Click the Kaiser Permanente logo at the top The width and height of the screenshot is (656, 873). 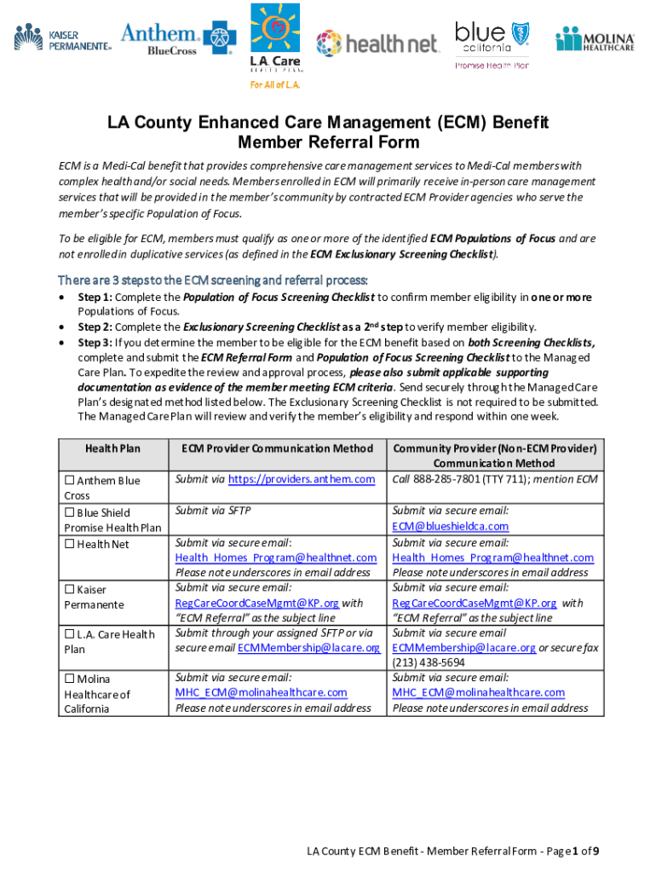point(62,38)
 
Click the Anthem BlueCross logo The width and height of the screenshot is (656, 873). point(178,39)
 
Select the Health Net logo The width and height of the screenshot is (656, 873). point(377,43)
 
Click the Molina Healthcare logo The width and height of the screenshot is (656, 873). point(596,39)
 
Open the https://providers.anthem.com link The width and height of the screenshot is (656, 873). point(302,479)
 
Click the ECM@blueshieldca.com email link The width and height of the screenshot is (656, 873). point(450,526)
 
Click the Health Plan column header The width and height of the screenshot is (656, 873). point(112,448)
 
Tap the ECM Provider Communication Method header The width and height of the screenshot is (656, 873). point(277,448)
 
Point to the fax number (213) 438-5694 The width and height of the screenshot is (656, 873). point(429,662)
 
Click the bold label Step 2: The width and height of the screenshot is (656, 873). point(95,327)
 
